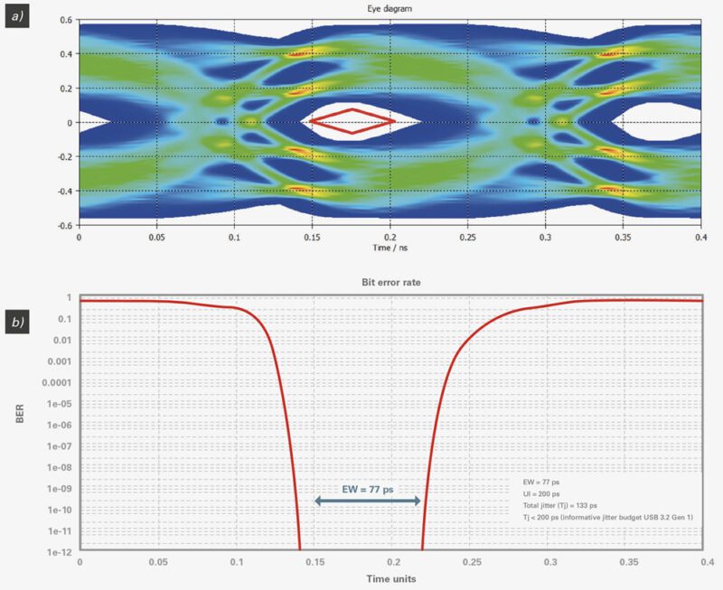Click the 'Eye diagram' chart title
[390, 8]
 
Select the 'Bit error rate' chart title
[390, 283]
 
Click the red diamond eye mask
[352, 120]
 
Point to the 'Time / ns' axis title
[390, 246]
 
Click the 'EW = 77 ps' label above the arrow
[366, 489]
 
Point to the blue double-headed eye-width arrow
[367, 501]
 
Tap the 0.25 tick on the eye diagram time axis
[467, 236]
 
